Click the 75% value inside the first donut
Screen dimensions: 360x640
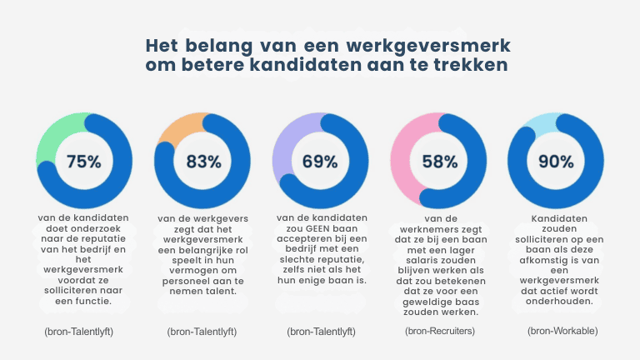[x=83, y=162]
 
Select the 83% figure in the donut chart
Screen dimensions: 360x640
[x=203, y=162]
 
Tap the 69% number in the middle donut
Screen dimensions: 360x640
[x=320, y=162]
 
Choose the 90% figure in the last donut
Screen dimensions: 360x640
[x=555, y=162]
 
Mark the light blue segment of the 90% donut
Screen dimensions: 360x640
[x=533, y=126]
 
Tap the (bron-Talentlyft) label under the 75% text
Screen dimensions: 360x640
[x=79, y=332]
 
